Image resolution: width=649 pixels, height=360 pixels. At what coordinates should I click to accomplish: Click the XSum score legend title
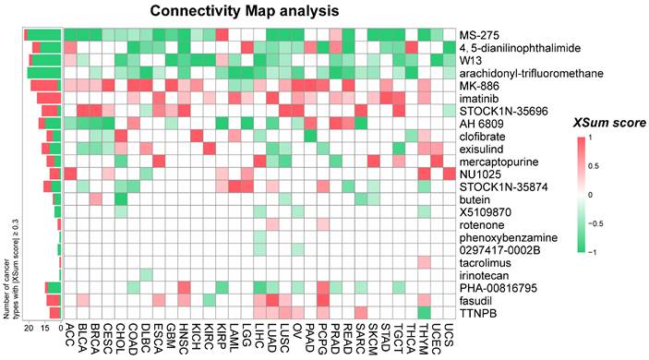573,122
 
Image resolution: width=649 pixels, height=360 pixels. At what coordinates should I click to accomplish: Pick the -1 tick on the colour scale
605,250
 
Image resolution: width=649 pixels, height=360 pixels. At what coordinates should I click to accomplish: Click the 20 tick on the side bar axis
29,328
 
